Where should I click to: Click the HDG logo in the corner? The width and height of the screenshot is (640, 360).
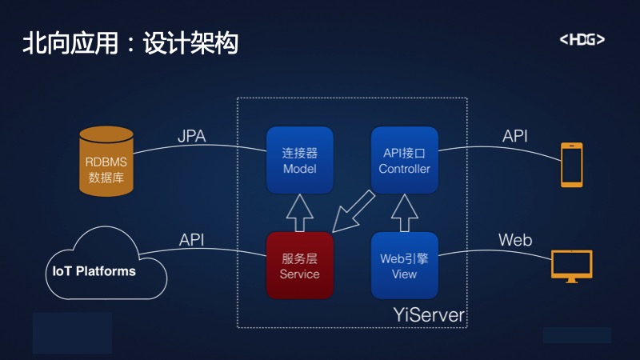[582, 39]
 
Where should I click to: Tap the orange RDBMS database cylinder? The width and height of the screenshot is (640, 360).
[106, 162]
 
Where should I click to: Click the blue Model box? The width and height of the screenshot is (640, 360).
[299, 160]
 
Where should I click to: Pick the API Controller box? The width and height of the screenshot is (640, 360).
[404, 160]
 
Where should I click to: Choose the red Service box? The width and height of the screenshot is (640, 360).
[299, 266]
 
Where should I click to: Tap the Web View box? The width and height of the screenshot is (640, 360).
[404, 266]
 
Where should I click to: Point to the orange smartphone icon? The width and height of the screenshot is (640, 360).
[571, 165]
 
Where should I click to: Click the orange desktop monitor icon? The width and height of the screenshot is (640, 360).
[571, 266]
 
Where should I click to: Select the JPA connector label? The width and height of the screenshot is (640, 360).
[192, 136]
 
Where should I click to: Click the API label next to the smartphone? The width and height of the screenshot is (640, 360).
[514, 136]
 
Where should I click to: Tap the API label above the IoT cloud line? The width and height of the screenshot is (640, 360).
[191, 240]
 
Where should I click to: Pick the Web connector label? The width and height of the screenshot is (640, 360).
[515, 240]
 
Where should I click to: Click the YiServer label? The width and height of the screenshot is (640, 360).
[429, 315]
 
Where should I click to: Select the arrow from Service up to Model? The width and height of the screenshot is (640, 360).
[299, 213]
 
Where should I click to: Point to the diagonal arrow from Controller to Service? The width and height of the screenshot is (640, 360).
[353, 211]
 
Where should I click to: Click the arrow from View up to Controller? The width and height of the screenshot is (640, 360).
[404, 213]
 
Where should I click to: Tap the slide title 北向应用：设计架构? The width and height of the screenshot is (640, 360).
[130, 43]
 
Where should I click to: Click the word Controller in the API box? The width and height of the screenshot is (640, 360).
[404, 169]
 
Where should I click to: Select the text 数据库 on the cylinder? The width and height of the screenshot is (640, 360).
[106, 178]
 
